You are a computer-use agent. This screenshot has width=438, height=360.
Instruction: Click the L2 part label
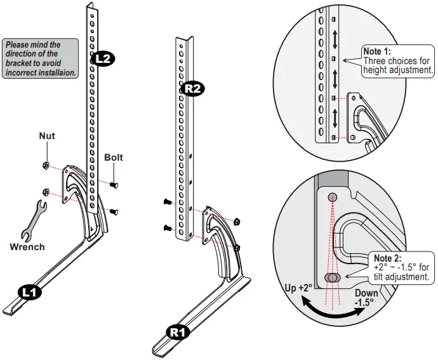pyautogui.click(x=103, y=58)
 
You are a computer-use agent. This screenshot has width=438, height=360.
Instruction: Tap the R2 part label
pyautogui.click(x=193, y=89)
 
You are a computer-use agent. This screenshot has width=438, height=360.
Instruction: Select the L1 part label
pyautogui.click(x=30, y=292)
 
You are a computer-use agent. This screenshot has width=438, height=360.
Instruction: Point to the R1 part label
pyautogui.click(x=178, y=333)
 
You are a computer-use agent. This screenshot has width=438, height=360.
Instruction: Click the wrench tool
pyautogui.click(x=34, y=221)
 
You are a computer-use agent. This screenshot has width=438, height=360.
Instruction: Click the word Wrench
pyautogui.click(x=27, y=247)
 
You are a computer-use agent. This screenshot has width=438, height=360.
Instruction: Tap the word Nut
pyautogui.click(x=47, y=136)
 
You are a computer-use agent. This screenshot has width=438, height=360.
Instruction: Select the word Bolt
pyautogui.click(x=114, y=157)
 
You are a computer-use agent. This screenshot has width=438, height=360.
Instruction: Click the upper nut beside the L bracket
pyautogui.click(x=46, y=166)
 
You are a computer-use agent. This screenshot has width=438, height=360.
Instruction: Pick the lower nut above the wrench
pyautogui.click(x=46, y=193)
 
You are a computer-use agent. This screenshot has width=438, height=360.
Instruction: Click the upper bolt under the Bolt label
pyautogui.click(x=114, y=185)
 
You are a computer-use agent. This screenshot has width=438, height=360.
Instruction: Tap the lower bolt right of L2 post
pyautogui.click(x=114, y=212)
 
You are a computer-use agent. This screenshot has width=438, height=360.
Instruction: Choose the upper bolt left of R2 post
pyautogui.click(x=168, y=201)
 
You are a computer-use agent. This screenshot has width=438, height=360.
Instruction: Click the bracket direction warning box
pyautogui.click(x=40, y=58)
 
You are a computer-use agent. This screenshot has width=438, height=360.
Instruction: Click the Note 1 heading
pyautogui.click(x=376, y=51)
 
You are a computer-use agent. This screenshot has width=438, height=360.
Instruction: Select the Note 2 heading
pyautogui.click(x=387, y=258)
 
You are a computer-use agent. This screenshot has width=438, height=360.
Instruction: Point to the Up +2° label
pyautogui.click(x=298, y=288)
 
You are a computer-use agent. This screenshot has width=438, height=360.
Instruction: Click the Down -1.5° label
pyautogui.click(x=366, y=297)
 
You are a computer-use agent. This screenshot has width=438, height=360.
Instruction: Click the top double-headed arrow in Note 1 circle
pyautogui.click(x=335, y=39)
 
